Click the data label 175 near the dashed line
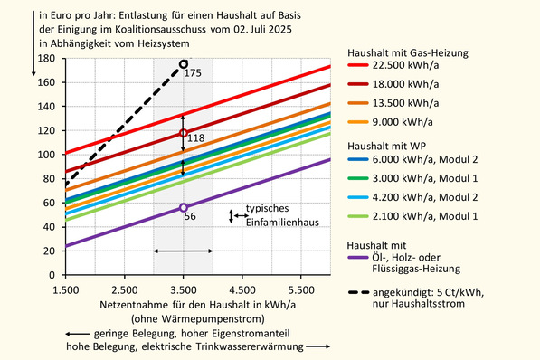193,72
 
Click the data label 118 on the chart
196,137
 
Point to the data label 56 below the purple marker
190,217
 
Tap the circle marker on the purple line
184,207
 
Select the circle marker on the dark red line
184,133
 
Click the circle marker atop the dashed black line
184,64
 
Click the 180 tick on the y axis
45,58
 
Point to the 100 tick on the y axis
45,155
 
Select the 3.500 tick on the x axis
183,289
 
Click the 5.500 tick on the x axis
301,289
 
